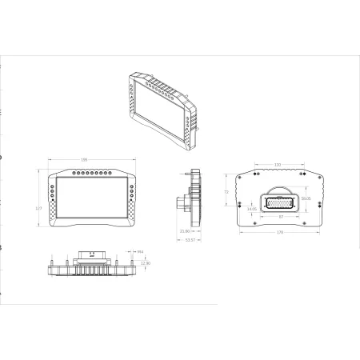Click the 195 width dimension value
[84, 159]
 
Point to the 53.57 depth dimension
[190, 238]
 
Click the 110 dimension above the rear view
[278, 164]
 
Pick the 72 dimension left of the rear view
[226, 193]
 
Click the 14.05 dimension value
[252, 209]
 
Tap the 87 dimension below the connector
[279, 216]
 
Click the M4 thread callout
[141, 252]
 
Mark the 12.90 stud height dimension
[145, 262]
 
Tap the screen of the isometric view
[160, 108]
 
